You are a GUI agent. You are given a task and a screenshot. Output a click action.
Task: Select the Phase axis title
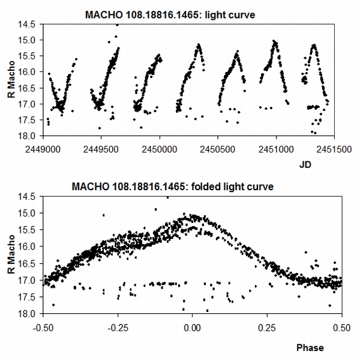tap(309, 347)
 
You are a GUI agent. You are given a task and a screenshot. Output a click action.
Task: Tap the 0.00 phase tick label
tap(192, 328)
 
